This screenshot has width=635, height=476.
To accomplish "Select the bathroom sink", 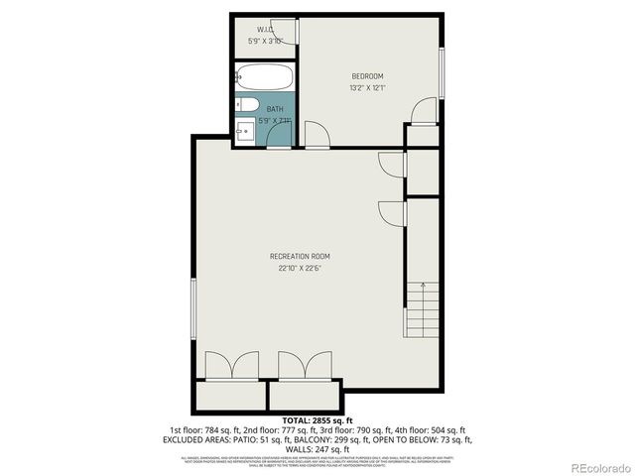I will pos(246,129).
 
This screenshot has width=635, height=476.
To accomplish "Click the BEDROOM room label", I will pos(367,76).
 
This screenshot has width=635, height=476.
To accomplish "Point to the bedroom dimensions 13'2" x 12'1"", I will pos(367,88).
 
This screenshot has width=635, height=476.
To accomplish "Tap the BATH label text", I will pos(274,110).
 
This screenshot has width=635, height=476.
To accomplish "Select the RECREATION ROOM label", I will pos(300,257).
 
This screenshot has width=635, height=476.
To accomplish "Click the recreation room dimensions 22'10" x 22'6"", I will pos(300,268).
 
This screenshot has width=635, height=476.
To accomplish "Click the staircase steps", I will pos(423,307).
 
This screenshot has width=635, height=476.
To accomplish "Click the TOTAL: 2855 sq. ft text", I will pos(317,420).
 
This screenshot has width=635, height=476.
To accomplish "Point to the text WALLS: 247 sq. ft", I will pos(317,447).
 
